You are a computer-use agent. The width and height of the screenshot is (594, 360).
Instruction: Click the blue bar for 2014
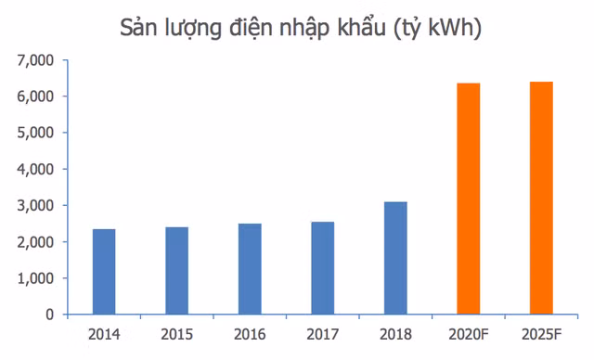pos(104,272)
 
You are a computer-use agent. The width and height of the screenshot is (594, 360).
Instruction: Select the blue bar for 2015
pos(177,271)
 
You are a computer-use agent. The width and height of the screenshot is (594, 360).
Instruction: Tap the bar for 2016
pos(250,269)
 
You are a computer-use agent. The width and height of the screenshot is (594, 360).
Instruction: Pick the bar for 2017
pos(323,268)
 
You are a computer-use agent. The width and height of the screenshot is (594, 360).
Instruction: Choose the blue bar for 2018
pos(395,258)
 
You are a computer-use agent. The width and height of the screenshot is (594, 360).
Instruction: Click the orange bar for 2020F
pos(469,199)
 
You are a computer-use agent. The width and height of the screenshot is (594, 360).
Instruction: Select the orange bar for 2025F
pos(541,198)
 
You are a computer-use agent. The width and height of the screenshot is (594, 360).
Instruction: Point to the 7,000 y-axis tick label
pos(35,60)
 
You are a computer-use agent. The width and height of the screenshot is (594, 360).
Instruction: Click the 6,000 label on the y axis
pos(35,96)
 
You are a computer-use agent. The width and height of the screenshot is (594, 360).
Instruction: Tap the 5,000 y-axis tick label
pos(35,134)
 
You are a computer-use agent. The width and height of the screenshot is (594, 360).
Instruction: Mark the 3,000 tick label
pos(35,206)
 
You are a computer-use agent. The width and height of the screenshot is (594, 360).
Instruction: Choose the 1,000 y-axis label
pos(35,278)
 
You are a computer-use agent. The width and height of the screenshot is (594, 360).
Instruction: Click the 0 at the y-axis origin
pos(49,315)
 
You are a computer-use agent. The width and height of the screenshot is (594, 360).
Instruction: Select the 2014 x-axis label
pos(104,335)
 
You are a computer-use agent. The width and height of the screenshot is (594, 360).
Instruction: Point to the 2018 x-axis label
pos(395,335)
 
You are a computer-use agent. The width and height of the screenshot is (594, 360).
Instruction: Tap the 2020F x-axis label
pos(469,335)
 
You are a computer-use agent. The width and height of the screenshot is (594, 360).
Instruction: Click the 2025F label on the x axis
pos(541,335)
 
